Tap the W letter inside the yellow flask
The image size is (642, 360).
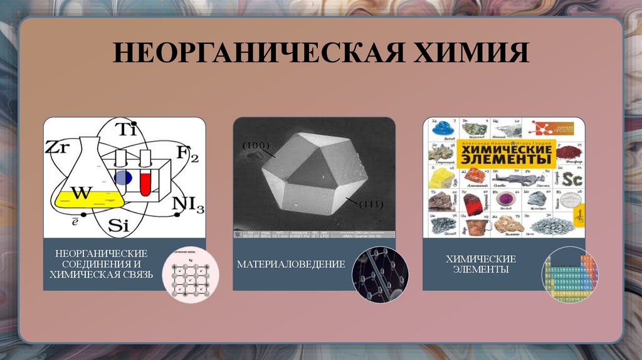click(x=80, y=193)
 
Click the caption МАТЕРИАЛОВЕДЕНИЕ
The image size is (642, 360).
click(x=291, y=264)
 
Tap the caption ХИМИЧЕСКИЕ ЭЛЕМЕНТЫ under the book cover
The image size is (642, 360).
click(x=481, y=264)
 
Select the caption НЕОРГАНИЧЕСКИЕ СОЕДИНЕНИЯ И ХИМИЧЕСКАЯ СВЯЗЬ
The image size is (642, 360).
click(x=101, y=264)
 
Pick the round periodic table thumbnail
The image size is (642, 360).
click(x=569, y=275)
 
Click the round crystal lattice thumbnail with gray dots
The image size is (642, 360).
click(x=190, y=276)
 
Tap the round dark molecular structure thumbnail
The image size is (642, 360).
click(x=380, y=275)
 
